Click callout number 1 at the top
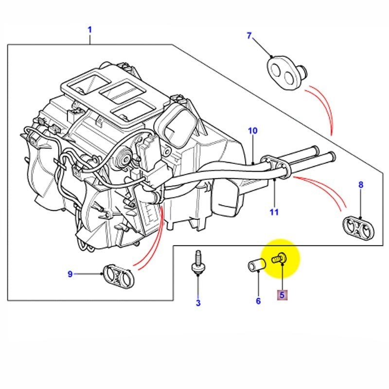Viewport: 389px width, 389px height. coord(89,30)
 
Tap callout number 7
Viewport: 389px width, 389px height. coord(249,35)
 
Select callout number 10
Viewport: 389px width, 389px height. coord(252,131)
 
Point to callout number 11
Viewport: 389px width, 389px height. coord(275,212)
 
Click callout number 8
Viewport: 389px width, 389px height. coord(360,185)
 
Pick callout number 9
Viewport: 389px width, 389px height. coord(70,274)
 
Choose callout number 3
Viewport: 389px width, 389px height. coord(198,303)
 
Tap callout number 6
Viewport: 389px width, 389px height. coord(258,301)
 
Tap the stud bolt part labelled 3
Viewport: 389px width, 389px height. coord(197,263)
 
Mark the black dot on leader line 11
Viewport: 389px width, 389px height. coord(275,180)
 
